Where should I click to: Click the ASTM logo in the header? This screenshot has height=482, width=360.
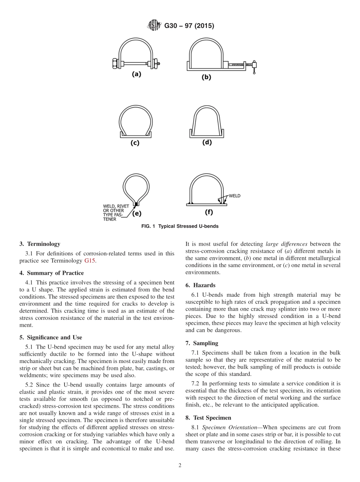click(x=153, y=26)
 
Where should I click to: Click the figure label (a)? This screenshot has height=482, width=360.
click(x=136, y=75)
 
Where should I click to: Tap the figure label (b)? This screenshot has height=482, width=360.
click(x=206, y=77)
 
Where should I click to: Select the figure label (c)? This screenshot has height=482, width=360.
click(x=135, y=143)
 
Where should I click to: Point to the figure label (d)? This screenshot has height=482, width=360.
click(x=207, y=142)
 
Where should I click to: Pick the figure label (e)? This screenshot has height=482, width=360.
click(x=136, y=213)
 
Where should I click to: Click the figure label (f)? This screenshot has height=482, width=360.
click(x=208, y=212)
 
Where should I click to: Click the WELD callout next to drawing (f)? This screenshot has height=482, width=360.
click(x=234, y=196)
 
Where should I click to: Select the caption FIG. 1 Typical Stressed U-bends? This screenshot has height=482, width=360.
click(x=180, y=227)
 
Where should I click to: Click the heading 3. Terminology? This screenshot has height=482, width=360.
click(x=39, y=244)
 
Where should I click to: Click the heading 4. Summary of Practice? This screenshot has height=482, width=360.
click(x=52, y=273)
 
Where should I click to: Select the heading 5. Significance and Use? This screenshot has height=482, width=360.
click(x=50, y=337)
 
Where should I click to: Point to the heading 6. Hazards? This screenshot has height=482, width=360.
click(x=200, y=285)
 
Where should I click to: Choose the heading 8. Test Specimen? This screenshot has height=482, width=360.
click(x=208, y=418)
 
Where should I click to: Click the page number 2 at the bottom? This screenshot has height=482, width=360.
click(x=180, y=466)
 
